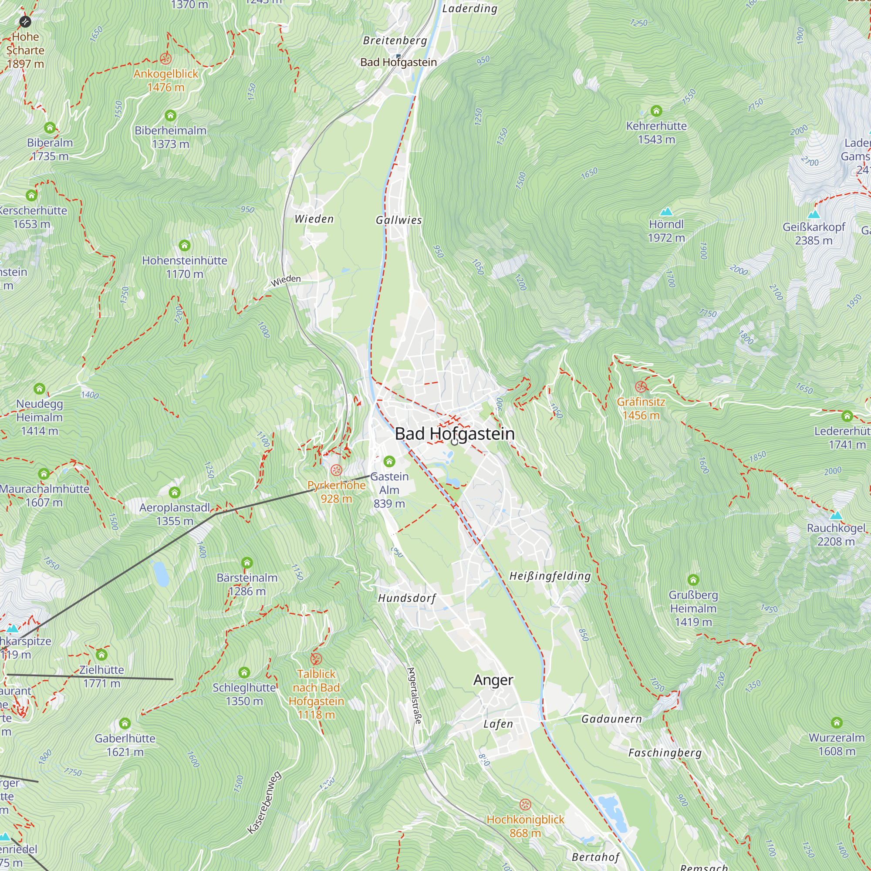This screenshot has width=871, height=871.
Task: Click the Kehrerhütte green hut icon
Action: (x=656, y=111)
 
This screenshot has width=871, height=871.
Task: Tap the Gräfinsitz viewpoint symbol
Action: (x=641, y=386)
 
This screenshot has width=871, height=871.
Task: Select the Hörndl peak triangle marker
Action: (x=666, y=212)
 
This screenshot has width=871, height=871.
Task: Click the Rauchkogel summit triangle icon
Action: (x=836, y=515)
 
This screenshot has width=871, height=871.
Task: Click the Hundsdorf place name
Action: (x=407, y=598)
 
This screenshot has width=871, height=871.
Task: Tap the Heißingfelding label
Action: (x=550, y=576)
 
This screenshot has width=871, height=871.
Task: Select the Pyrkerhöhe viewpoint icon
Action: (x=336, y=470)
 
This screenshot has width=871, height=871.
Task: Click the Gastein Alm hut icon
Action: (x=389, y=461)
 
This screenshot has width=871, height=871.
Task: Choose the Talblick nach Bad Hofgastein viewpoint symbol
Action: (x=316, y=659)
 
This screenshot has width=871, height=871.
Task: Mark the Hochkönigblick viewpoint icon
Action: (x=525, y=805)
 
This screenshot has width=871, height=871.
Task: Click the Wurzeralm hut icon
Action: (x=837, y=722)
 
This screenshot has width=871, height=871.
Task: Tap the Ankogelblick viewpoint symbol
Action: (x=165, y=59)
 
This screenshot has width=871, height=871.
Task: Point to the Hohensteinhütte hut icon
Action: (x=184, y=245)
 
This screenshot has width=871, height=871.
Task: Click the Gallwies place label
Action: (x=399, y=220)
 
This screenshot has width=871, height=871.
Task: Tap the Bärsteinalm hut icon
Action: (x=246, y=563)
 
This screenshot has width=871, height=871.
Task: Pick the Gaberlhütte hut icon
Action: (x=125, y=723)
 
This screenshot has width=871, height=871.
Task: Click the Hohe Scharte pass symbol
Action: (x=25, y=21)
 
